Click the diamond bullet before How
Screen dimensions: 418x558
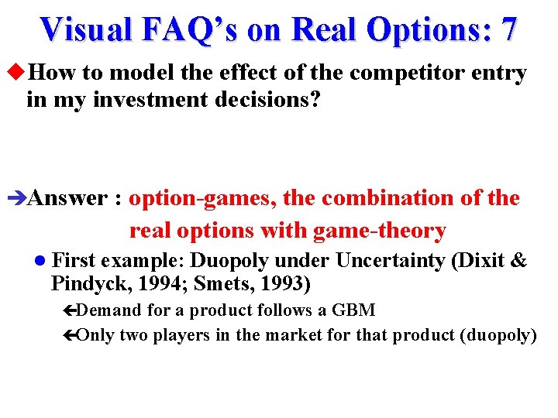click(x=18, y=74)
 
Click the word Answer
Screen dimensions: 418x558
click(x=67, y=199)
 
